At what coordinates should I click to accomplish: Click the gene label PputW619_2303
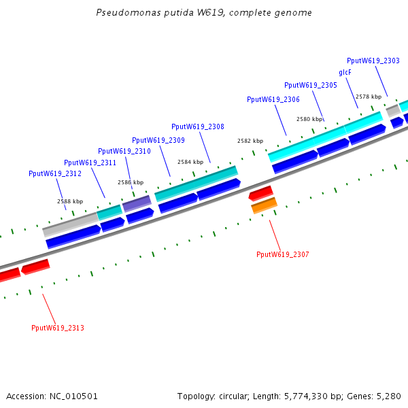pyautogui.click(x=373, y=61)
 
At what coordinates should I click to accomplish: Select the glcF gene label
pyautogui.click(x=345, y=72)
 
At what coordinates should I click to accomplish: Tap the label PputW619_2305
pyautogui.click(x=310, y=85)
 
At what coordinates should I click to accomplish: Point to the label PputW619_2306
pyautogui.click(x=273, y=99)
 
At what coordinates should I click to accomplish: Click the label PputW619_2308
pyautogui.click(x=197, y=126)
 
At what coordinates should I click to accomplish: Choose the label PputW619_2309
pyautogui.click(x=158, y=140)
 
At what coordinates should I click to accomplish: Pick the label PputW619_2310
pyautogui.click(x=124, y=151)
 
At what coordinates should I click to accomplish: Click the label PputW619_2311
pyautogui.click(x=90, y=163)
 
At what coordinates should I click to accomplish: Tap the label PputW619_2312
pyautogui.click(x=54, y=173)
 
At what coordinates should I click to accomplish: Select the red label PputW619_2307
pyautogui.click(x=282, y=254)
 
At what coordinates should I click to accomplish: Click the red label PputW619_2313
pyautogui.click(x=57, y=328)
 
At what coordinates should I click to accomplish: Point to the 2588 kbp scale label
pyautogui.click(x=70, y=201)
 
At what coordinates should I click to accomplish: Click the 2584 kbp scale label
pyautogui.click(x=190, y=162)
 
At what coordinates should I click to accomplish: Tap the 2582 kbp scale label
pyautogui.click(x=250, y=141)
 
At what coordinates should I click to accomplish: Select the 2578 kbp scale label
pyautogui.click(x=369, y=97)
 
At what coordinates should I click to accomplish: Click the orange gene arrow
pyautogui.click(x=264, y=205)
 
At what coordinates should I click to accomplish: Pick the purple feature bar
pyautogui.click(x=137, y=203)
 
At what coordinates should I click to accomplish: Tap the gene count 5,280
pyautogui.click(x=390, y=396)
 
